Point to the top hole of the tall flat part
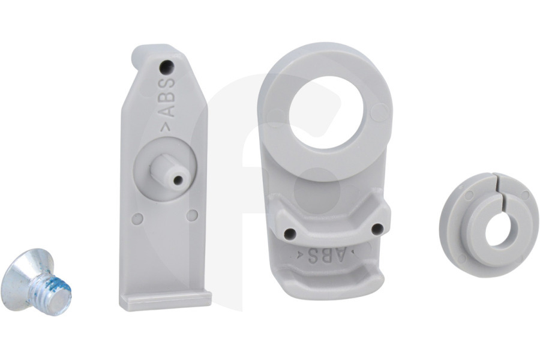coord(166,67)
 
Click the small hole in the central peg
coord(178,180)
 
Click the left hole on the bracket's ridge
coord(290,234)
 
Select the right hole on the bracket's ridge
coord(377,229)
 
